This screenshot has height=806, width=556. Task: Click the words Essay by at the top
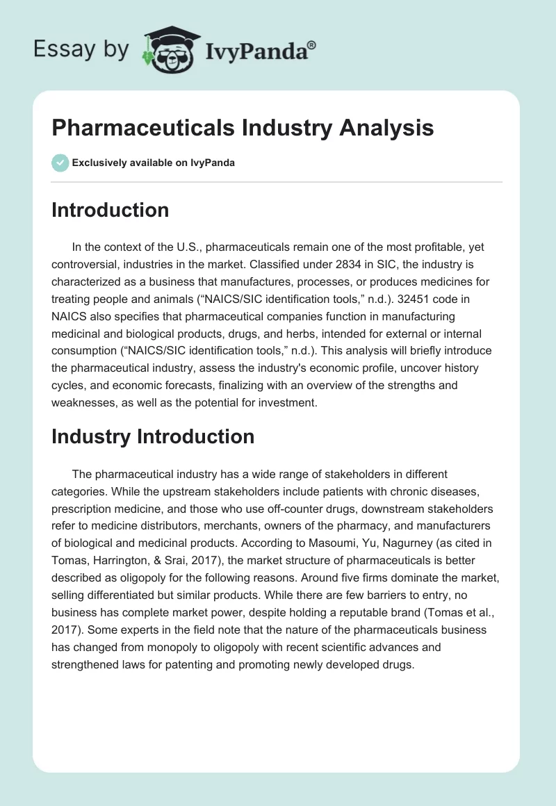pyautogui.click(x=81, y=50)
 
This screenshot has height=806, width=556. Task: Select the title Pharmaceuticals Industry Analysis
pyautogui.click(x=243, y=129)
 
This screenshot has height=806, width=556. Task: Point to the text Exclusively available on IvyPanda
pyautogui.click(x=153, y=163)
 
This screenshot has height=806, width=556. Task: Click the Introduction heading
pyautogui.click(x=110, y=210)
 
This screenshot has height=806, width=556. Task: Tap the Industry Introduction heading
pyautogui.click(x=153, y=436)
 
